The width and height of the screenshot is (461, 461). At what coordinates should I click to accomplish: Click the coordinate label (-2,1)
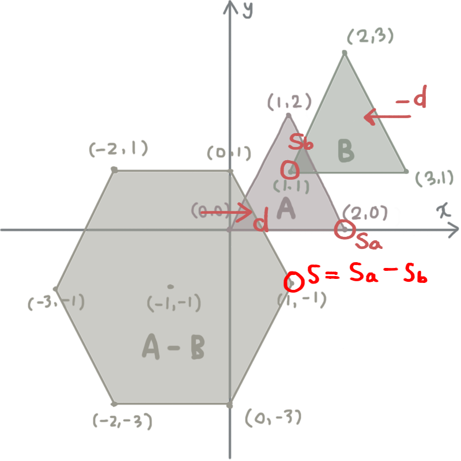point(119,150)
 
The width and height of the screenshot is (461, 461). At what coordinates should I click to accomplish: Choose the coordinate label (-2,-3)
point(122,422)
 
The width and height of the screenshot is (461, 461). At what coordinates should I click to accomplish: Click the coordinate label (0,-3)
point(273,418)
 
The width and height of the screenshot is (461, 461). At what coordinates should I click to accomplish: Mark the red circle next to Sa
point(344,229)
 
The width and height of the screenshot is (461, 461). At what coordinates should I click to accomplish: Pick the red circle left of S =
point(294,282)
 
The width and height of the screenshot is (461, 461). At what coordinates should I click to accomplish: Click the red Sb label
point(301,141)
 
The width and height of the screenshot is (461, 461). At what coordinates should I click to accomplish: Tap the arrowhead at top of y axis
point(230,7)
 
